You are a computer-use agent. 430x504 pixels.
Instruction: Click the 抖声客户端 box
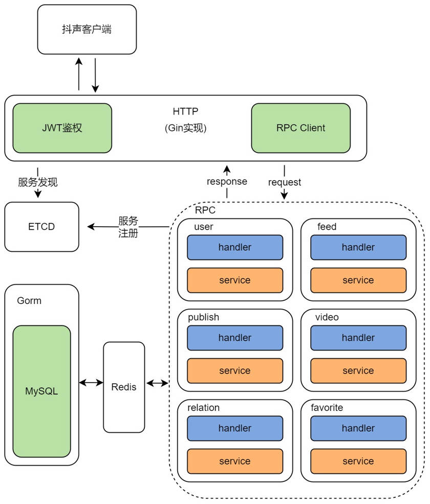click(x=87, y=29)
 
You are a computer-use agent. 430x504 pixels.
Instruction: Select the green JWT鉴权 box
click(x=62, y=128)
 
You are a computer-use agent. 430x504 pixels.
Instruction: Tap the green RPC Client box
click(x=300, y=128)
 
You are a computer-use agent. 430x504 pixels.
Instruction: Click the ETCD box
click(x=41, y=226)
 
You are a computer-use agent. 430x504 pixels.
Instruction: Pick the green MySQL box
click(x=41, y=391)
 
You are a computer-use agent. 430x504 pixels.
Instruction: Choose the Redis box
click(x=124, y=387)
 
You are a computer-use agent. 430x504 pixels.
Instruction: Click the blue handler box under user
click(x=235, y=247)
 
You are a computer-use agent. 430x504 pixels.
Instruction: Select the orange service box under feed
click(x=358, y=280)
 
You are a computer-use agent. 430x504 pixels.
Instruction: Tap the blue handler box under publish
click(x=235, y=338)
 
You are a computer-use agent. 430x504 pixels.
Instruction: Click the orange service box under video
click(x=358, y=370)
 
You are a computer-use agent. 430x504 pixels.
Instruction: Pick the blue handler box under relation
click(x=235, y=428)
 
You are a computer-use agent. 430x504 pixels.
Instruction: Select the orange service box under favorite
click(x=358, y=461)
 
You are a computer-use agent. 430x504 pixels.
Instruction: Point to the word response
click(x=227, y=182)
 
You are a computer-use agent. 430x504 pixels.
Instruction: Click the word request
click(x=285, y=182)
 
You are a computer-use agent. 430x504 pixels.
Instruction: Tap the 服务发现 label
click(x=38, y=182)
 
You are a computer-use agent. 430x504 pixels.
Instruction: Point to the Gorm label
click(x=29, y=300)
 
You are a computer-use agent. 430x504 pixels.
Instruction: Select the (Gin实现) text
click(x=185, y=128)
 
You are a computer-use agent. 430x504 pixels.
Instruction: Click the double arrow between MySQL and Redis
click(x=91, y=382)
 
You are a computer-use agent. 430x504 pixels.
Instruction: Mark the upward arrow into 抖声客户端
click(x=79, y=74)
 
